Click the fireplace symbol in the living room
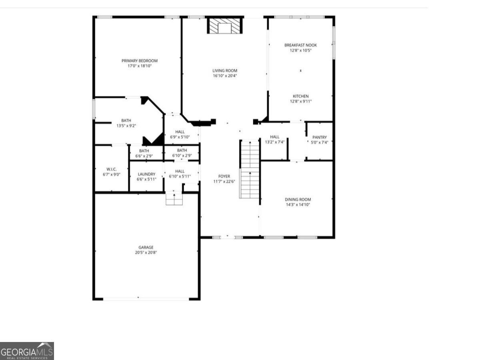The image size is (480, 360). point(225,26)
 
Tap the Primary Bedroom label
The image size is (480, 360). point(140,61)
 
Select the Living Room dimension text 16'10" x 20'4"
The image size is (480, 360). point(225,76)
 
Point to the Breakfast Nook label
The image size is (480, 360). point(300,45)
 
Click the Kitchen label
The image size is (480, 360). point(300,96)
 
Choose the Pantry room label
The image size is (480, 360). point(319,137)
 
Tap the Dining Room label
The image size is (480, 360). point(298,199)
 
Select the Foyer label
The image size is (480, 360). point(224,176)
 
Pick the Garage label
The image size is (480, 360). point(146,247)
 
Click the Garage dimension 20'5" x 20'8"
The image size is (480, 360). point(146,252)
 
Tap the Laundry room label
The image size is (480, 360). point(146,174)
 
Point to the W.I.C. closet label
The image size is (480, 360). point(112,169)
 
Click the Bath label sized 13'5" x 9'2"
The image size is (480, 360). point(126,120)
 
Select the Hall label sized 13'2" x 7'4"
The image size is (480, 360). point(274,137)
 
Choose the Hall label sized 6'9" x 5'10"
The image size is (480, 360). point(180,132)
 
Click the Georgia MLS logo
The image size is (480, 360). point(27,351)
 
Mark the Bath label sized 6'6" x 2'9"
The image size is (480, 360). point(144,151)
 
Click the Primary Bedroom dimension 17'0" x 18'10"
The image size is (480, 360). point(140,66)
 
